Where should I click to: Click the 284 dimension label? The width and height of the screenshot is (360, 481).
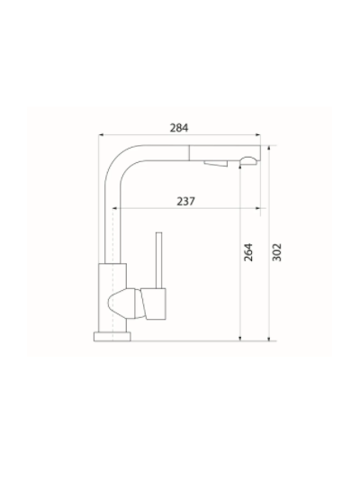tap(178, 128)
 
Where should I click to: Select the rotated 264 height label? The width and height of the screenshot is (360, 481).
tap(249, 251)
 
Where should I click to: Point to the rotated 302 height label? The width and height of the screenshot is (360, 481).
tap(277, 251)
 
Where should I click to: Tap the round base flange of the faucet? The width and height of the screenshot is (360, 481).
tap(112, 336)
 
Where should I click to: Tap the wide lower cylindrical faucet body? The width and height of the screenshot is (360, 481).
tap(109, 297)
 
